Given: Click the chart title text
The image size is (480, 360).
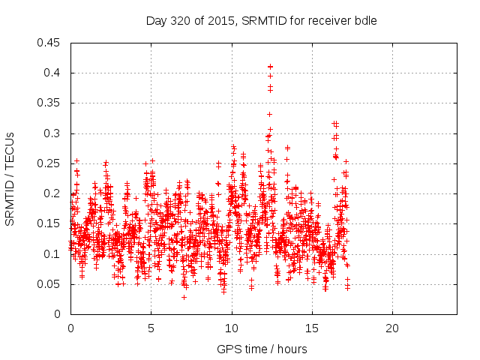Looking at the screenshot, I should (261, 21).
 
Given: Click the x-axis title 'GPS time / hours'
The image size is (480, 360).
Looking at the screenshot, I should (262, 349).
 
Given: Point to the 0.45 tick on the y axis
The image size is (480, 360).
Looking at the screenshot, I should (50, 43).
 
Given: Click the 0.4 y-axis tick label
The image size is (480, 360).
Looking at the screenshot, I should (53, 73).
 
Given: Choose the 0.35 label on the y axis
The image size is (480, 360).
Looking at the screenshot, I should (50, 103).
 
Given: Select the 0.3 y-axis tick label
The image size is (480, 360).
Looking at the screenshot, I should (53, 133).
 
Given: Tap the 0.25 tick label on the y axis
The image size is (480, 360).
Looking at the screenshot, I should (50, 163).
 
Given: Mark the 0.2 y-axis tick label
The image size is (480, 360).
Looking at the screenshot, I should (53, 193).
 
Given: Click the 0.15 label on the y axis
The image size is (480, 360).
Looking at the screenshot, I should (50, 223).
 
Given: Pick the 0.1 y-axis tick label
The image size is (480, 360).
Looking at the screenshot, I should (53, 254).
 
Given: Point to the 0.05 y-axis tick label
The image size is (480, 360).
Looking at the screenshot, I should (50, 284).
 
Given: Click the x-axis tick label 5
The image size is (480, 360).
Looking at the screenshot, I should (151, 328).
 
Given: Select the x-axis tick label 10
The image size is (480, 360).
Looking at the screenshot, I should (232, 328).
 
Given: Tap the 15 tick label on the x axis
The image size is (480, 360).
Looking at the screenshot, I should (312, 328).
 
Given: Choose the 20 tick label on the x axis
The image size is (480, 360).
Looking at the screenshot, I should (392, 328).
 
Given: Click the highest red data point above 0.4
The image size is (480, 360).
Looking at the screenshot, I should (270, 67).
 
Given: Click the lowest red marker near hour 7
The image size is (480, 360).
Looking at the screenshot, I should (184, 298).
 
